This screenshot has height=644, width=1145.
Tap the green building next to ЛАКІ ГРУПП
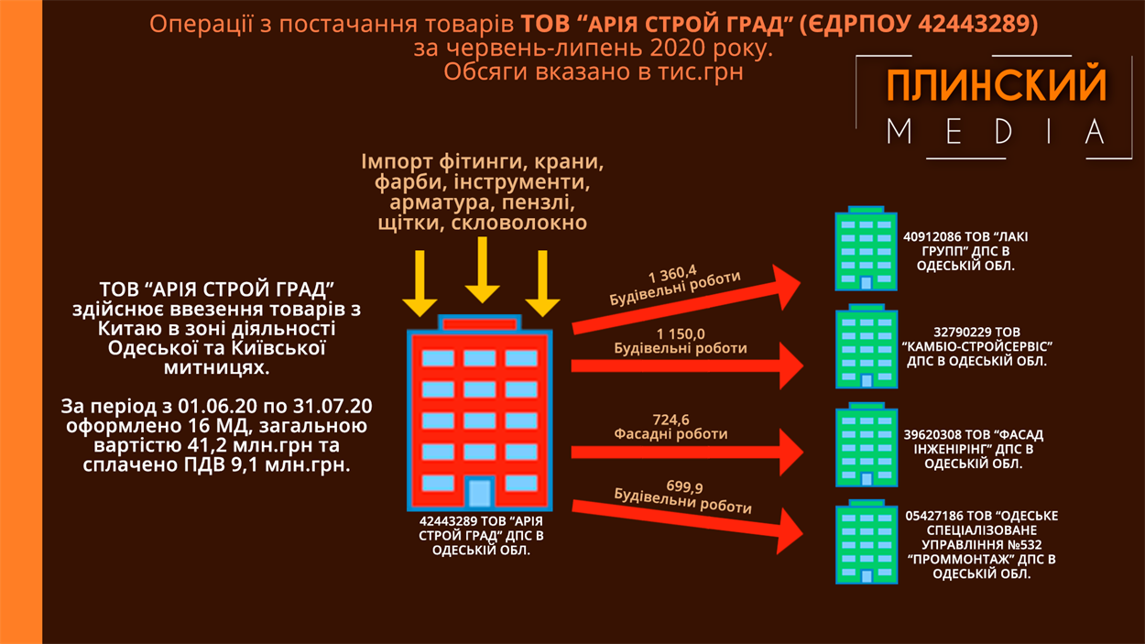866,249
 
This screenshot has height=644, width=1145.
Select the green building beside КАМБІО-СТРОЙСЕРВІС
866,347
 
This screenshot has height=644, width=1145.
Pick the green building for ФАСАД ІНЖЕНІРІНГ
866,445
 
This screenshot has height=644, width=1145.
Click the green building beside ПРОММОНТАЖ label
866,542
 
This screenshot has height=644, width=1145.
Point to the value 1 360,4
671,272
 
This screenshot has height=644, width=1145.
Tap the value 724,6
671,420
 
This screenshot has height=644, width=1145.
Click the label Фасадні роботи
671,434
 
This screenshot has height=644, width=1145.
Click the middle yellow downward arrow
482,270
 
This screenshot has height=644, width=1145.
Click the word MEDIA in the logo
996,132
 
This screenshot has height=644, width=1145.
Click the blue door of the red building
479,492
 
